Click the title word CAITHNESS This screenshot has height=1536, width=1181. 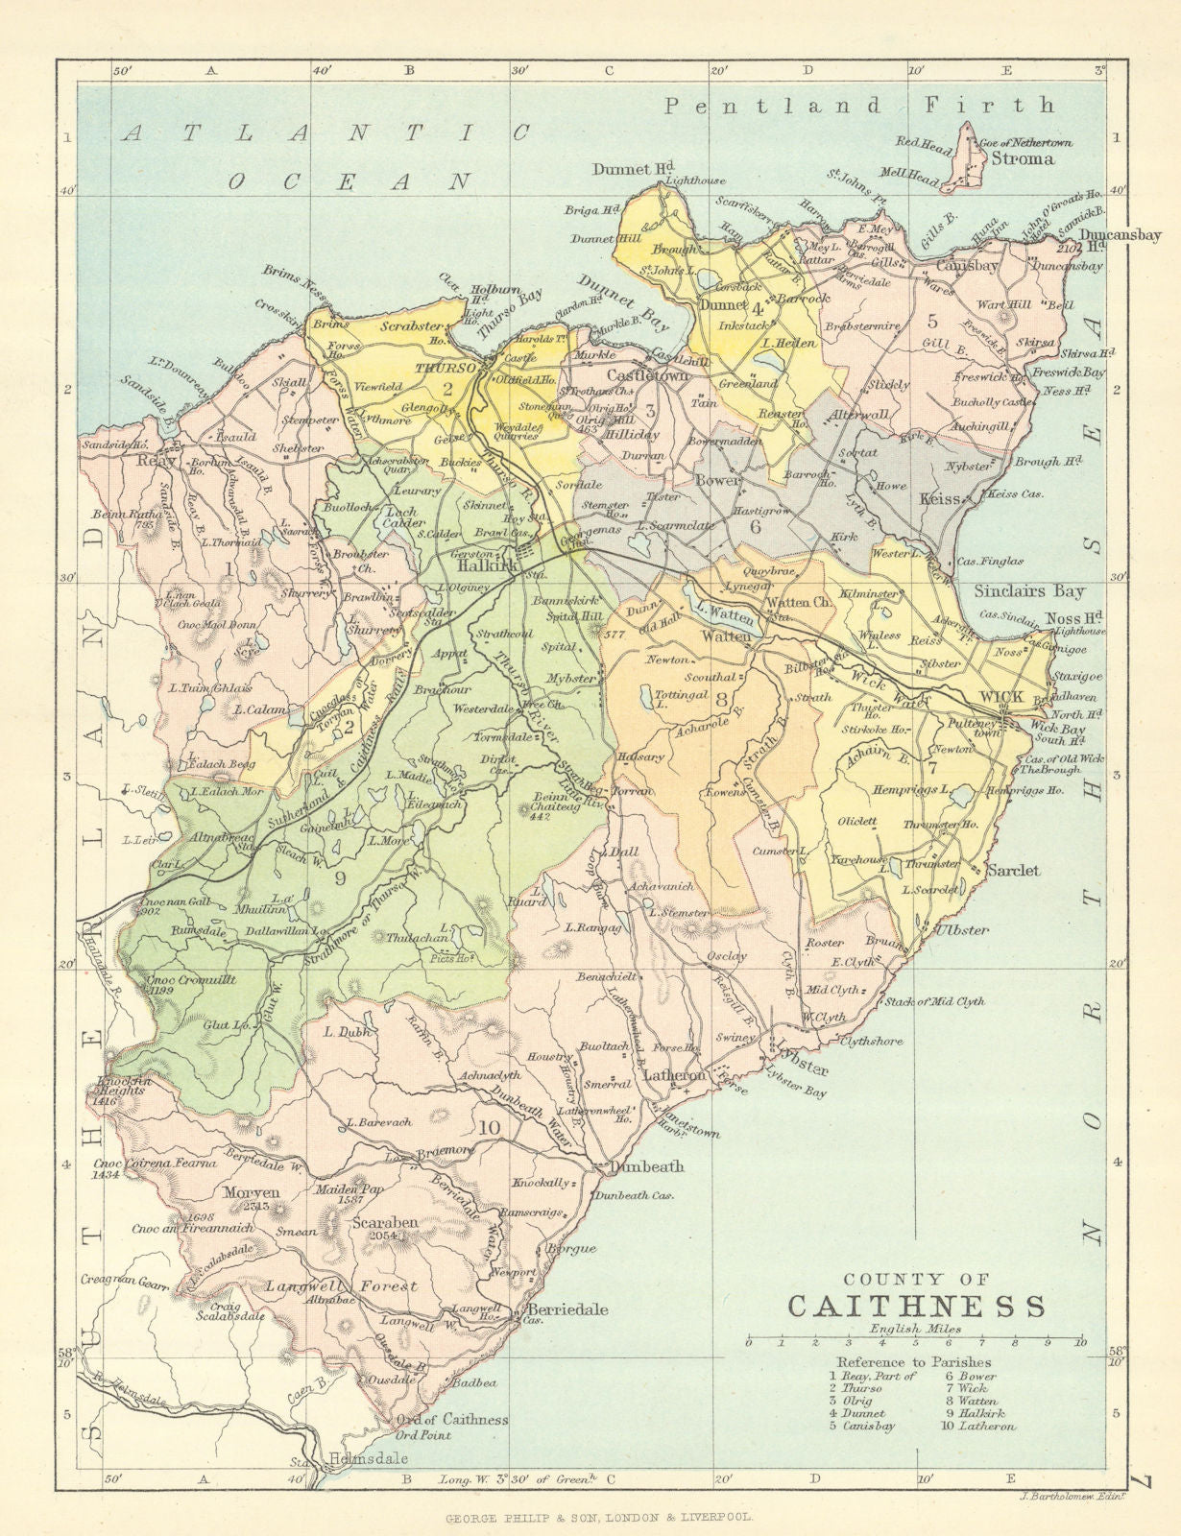[x=916, y=1307]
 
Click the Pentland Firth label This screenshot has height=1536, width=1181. [x=860, y=105]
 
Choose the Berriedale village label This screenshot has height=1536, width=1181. [x=566, y=1309]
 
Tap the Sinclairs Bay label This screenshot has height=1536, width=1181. [x=1028, y=591]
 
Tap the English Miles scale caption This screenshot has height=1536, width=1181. [x=914, y=1330]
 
